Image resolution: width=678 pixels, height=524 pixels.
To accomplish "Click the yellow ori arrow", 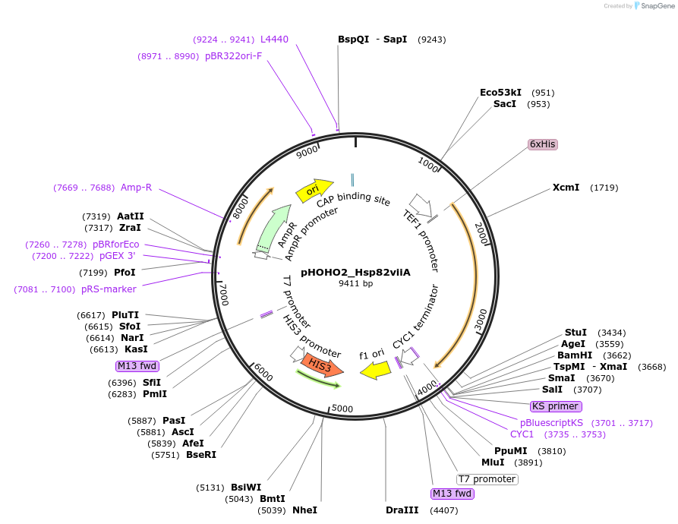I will [x=314, y=191].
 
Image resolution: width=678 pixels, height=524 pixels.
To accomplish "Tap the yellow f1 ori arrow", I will [x=374, y=370].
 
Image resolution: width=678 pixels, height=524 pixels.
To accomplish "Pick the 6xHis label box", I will [x=542, y=144].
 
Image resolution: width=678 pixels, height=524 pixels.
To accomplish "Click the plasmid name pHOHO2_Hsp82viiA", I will [x=355, y=271].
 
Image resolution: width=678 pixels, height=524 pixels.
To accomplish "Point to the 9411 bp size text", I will [x=355, y=283].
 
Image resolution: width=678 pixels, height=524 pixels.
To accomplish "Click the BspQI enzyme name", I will [x=353, y=39].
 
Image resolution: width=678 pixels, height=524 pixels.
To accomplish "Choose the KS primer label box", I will [x=555, y=406].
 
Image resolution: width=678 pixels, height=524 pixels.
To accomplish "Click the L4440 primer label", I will [x=274, y=39].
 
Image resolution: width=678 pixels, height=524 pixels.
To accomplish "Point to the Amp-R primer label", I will [x=137, y=187].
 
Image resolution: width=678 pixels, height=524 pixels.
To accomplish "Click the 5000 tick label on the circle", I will [x=342, y=409].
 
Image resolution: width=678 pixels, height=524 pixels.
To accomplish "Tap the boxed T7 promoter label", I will [x=487, y=479].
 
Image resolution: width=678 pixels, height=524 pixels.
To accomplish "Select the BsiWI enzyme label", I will [x=246, y=488].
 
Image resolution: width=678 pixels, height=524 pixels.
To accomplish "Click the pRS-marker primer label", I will [x=109, y=289].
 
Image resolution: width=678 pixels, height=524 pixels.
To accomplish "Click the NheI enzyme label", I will [x=304, y=510].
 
